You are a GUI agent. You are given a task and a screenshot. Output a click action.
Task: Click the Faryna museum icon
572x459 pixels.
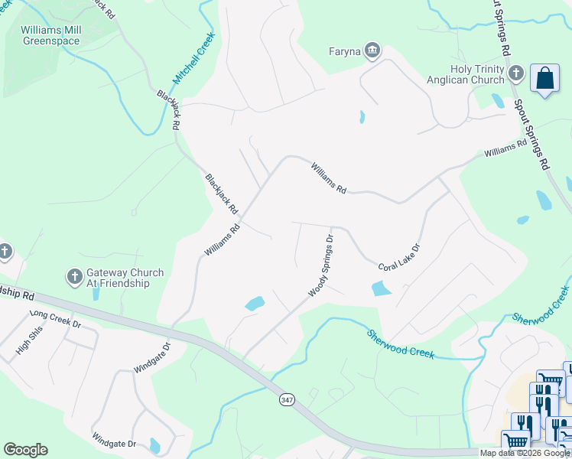(x=372, y=51)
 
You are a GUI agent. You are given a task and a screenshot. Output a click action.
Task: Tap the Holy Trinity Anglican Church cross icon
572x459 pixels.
(x=515, y=73)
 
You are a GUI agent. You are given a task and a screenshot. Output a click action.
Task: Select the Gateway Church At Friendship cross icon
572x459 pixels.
(x=75, y=277)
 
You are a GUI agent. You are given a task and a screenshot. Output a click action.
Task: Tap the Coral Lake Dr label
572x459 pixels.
(x=399, y=257)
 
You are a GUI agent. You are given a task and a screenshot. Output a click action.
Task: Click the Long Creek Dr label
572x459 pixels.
(x=55, y=318)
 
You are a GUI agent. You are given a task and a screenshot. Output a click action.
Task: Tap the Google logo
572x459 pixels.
(x=25, y=449)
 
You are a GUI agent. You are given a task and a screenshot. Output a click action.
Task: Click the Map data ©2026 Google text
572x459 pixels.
(x=525, y=453)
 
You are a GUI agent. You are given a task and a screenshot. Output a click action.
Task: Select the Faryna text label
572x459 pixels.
(x=345, y=52)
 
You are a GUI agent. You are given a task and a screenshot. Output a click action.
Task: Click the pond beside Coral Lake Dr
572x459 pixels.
(x=381, y=288)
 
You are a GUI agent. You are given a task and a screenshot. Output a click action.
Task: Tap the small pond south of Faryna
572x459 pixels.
(x=361, y=118)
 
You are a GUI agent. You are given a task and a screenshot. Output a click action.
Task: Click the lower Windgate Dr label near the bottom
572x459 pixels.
(x=114, y=443)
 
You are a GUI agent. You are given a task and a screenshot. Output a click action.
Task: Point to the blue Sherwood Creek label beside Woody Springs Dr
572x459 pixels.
(x=400, y=344)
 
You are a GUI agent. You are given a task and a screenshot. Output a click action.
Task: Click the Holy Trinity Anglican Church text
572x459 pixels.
(x=476, y=74)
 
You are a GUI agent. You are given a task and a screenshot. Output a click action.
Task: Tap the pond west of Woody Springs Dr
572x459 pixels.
(x=255, y=303)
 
